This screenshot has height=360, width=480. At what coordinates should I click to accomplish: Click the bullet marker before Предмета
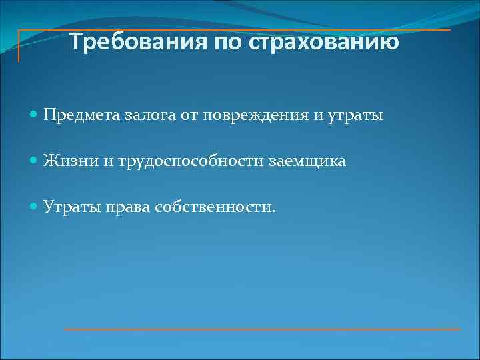35,115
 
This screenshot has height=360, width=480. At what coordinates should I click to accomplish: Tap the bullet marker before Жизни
35,161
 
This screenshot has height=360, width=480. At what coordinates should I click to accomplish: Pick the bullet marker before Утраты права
35,207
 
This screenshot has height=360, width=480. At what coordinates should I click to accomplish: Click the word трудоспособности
185,161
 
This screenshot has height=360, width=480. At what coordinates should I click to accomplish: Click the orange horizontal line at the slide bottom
262,329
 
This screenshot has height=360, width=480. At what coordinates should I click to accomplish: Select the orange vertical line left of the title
19,46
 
